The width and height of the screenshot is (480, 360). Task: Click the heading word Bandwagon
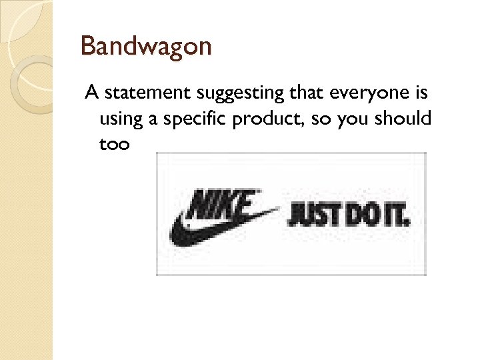pos(145,46)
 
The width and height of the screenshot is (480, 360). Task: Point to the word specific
pos(199,119)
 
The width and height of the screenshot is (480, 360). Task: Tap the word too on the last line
pos(114,143)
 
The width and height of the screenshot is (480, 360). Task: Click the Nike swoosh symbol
pos(200,230)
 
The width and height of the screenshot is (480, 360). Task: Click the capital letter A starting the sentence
pos(91,93)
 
